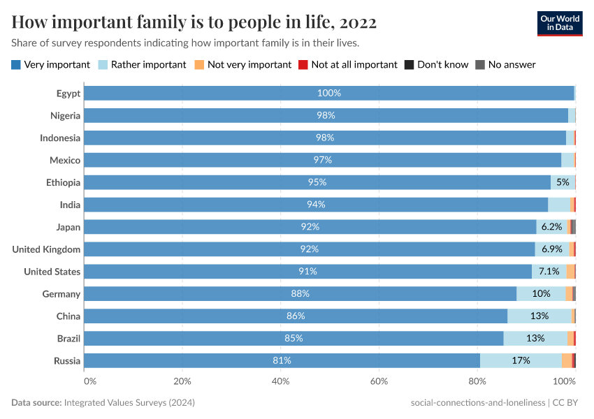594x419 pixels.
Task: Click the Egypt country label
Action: (x=68, y=94)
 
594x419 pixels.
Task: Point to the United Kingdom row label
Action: (x=46, y=249)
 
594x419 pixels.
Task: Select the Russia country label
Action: (x=67, y=361)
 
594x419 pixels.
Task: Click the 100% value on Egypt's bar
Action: (x=329, y=94)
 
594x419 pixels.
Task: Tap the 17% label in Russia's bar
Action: (x=521, y=361)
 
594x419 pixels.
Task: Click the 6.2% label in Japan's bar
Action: (x=552, y=227)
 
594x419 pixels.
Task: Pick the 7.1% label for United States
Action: (x=549, y=272)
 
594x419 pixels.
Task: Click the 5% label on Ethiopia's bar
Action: (x=563, y=182)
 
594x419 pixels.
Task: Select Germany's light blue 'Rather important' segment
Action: (x=541, y=294)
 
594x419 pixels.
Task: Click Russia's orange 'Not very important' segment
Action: (x=566, y=361)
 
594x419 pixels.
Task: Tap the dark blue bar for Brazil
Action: (x=294, y=339)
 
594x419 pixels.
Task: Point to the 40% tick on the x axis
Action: (x=281, y=381)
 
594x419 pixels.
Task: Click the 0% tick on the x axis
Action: (x=89, y=381)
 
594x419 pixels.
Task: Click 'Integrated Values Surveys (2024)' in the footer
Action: (x=129, y=403)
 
